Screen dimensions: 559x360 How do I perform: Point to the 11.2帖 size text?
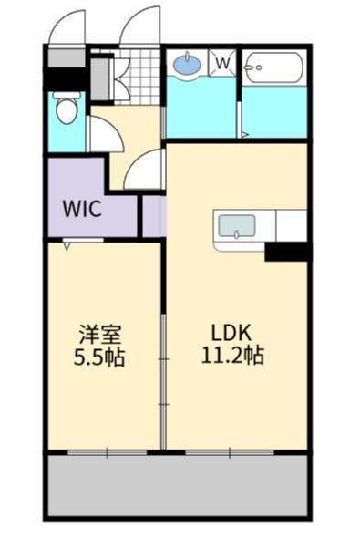232,355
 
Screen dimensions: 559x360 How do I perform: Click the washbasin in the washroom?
187,65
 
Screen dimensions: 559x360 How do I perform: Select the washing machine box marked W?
222,64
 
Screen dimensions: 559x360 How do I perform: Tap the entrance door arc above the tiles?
140,27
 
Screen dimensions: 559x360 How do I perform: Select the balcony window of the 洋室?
108,450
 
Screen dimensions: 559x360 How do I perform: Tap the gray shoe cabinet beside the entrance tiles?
100,78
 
